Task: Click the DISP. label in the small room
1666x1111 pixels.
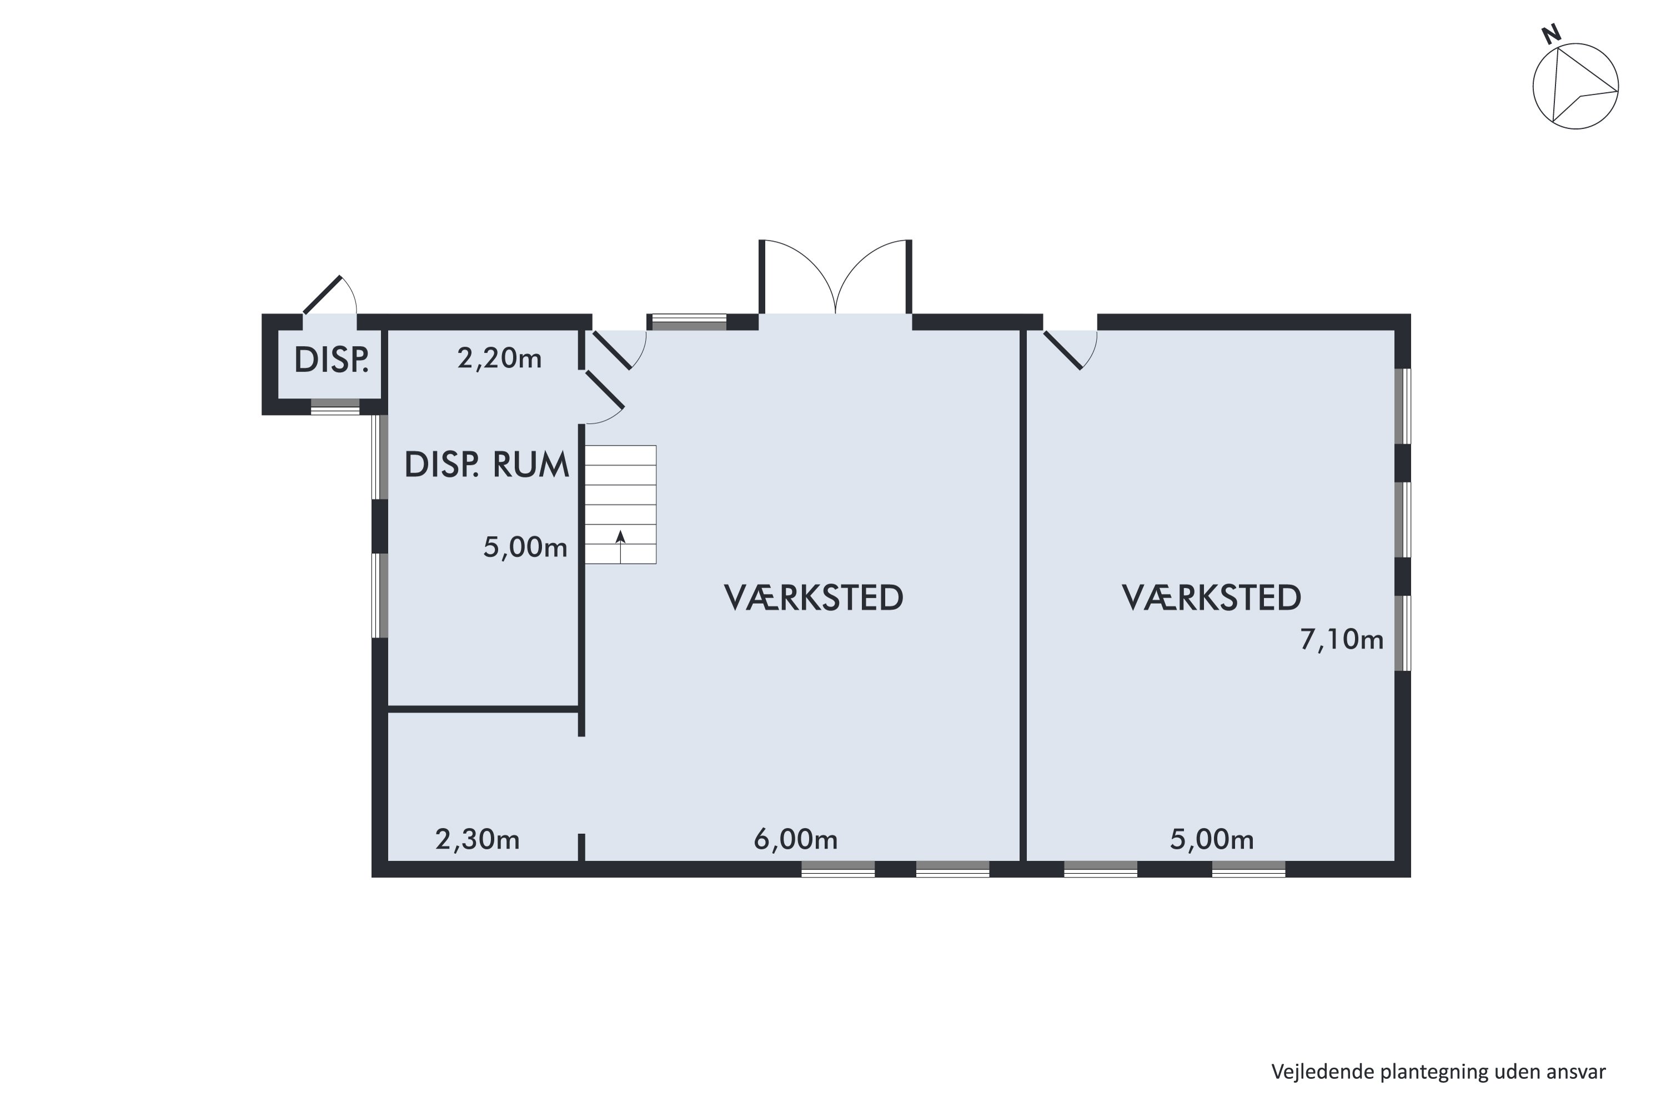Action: coord(331,360)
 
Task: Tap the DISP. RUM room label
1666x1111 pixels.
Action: coord(486,466)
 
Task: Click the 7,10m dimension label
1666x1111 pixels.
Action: coord(1342,640)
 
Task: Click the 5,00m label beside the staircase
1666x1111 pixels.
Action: coord(525,548)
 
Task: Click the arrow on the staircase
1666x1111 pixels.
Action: coord(620,546)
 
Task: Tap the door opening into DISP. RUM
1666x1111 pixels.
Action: coord(604,391)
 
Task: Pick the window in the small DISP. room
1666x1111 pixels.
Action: coord(335,407)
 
